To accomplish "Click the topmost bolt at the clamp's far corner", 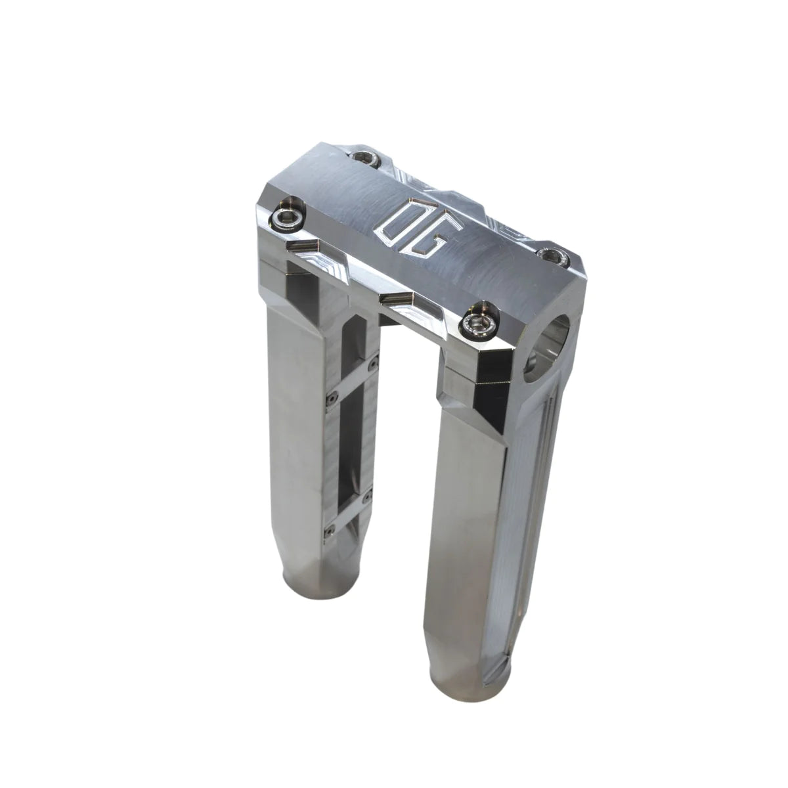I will [363, 157].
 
